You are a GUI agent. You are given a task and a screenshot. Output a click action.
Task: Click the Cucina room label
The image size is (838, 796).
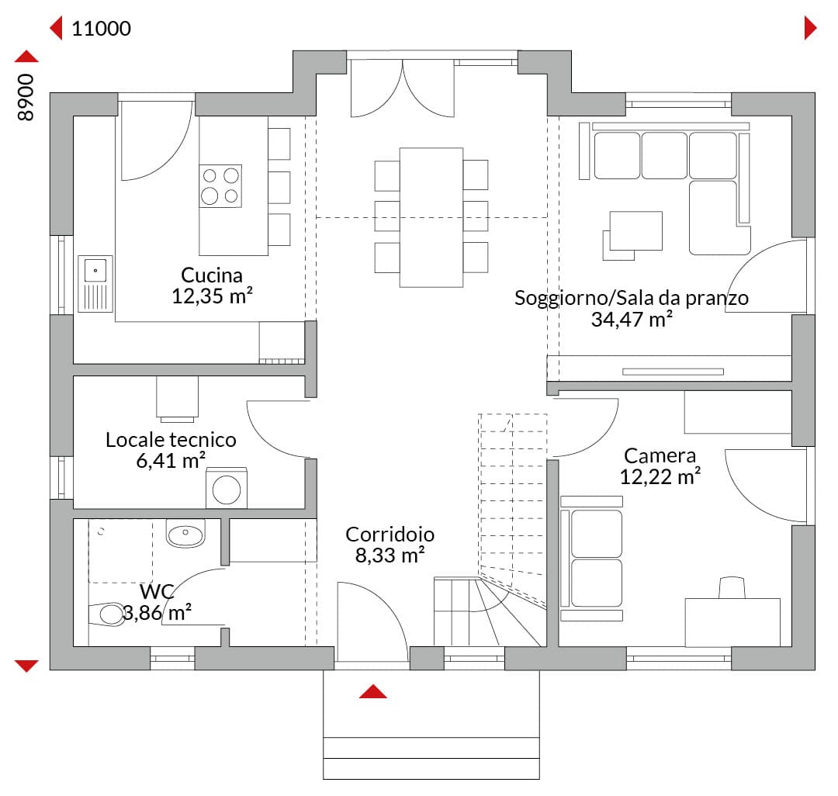(x=212, y=275)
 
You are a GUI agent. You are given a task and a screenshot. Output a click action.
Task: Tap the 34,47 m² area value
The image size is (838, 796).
(x=632, y=319)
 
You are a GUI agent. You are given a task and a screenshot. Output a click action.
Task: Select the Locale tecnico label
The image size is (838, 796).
(x=171, y=440)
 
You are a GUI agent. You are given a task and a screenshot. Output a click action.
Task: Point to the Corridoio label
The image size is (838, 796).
(x=390, y=535)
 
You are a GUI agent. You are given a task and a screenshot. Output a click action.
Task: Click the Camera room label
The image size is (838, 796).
(x=660, y=455)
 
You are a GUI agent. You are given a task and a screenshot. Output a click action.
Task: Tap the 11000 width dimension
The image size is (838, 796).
(x=101, y=28)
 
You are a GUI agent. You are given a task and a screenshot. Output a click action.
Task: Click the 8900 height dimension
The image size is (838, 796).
(x=25, y=97)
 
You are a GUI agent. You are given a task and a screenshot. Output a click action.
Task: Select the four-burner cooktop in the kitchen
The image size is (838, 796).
(x=220, y=186)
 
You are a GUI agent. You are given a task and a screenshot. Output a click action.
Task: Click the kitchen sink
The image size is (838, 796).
(x=95, y=284)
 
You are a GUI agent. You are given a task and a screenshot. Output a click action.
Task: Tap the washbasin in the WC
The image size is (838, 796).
(x=185, y=533)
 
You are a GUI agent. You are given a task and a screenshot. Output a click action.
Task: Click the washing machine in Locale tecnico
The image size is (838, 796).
(x=227, y=488)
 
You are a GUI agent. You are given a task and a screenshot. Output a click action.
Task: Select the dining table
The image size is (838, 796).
(x=431, y=217)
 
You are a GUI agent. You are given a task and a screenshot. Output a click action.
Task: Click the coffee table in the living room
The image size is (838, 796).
(x=636, y=230)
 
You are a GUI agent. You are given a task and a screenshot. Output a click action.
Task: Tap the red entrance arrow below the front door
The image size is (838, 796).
(x=373, y=691)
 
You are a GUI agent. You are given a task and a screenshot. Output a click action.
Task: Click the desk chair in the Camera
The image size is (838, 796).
(x=732, y=587)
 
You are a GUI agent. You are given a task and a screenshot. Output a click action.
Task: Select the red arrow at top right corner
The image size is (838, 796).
(x=810, y=28)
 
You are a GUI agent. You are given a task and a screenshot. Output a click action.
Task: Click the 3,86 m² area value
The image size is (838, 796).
(x=157, y=613)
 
